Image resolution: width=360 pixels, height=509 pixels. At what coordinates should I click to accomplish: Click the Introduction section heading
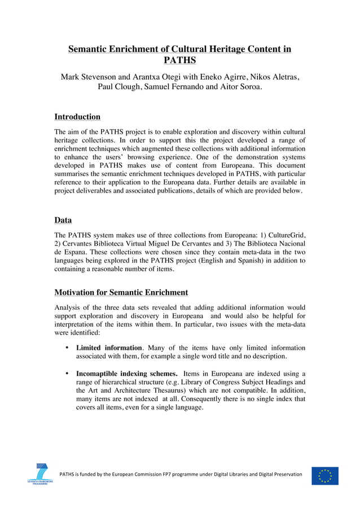(77, 117)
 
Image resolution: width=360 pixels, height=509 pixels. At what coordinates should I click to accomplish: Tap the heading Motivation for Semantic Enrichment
(121, 292)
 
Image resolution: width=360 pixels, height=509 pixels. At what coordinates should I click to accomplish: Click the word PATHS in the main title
(179, 60)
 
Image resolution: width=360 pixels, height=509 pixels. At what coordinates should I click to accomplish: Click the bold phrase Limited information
(109, 348)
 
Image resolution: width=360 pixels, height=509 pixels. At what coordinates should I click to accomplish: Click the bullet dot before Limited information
(67, 348)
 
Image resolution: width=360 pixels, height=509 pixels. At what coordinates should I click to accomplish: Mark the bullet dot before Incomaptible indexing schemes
(67, 373)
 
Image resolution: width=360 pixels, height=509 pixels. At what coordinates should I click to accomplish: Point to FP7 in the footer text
(172, 474)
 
